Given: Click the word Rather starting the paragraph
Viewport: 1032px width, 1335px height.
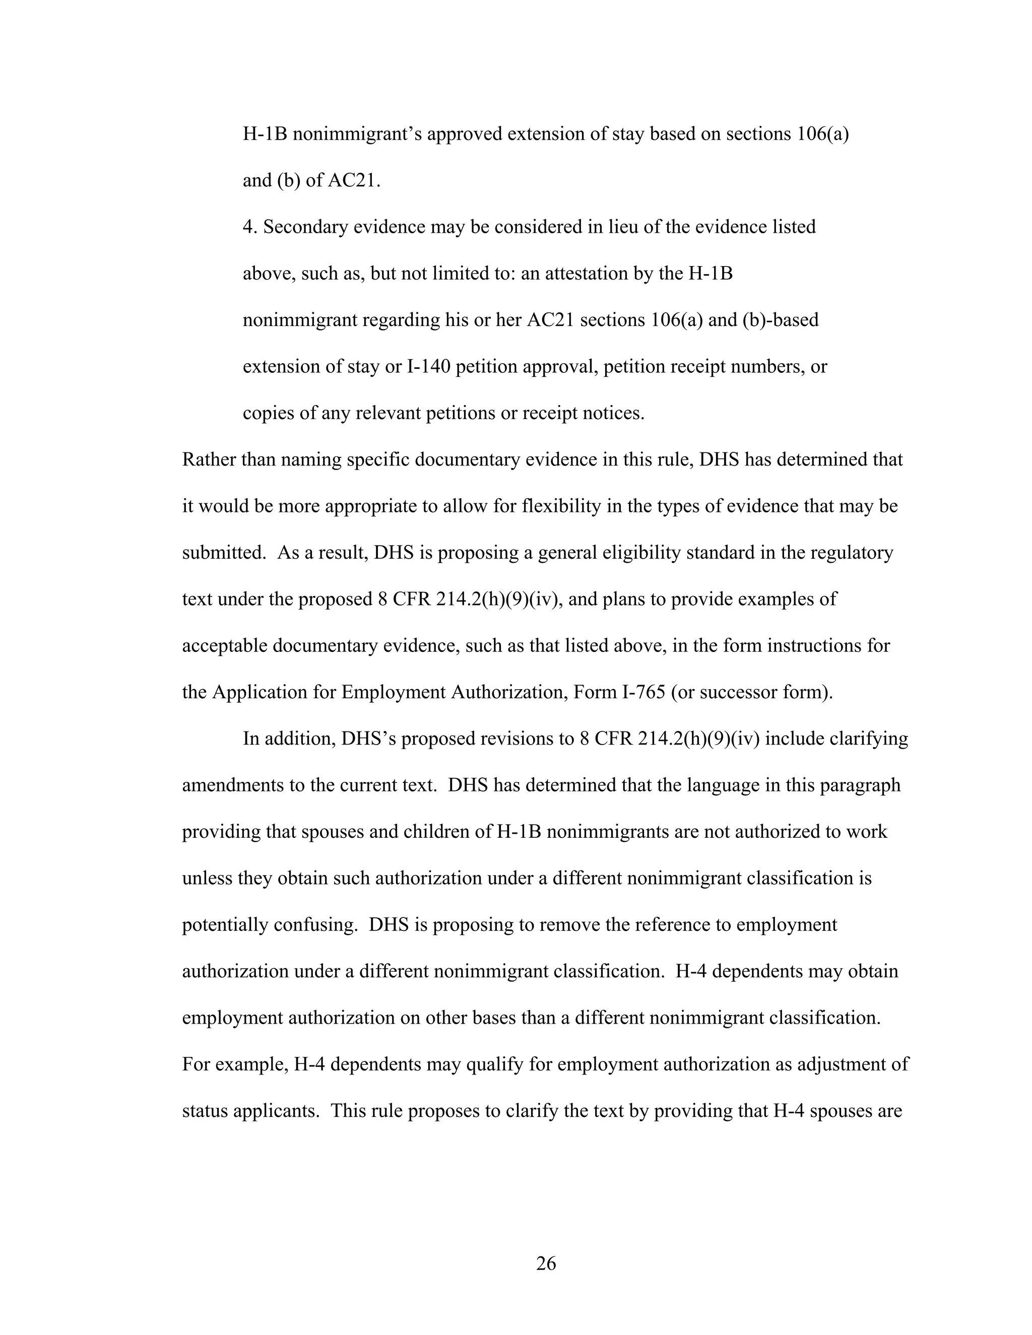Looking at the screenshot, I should point(209,459).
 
